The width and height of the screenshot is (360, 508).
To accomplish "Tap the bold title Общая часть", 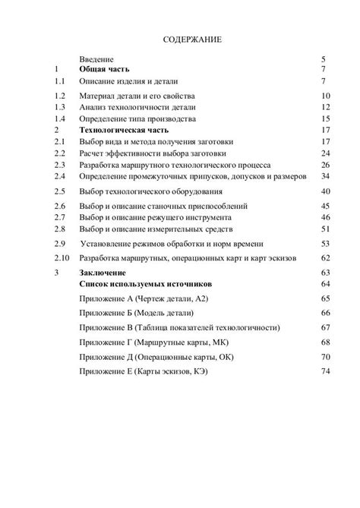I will pyautogui.click(x=105, y=68).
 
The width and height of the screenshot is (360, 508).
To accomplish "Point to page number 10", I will pyautogui.click(x=326, y=96).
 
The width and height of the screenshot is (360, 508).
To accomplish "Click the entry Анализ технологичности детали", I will pyautogui.click(x=137, y=108).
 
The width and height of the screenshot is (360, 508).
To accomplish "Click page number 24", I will pyautogui.click(x=326, y=153).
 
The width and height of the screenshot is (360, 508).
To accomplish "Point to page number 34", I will pyautogui.click(x=326, y=176).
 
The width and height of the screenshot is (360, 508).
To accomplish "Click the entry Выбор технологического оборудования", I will pyautogui.click(x=153, y=191).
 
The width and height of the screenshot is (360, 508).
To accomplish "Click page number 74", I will pyautogui.click(x=326, y=371).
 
